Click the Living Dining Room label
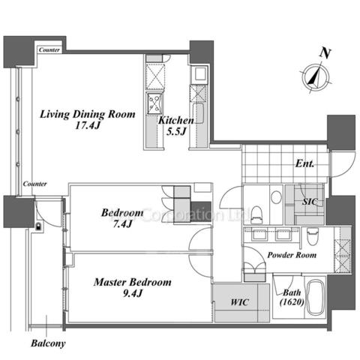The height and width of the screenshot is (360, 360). click(88, 115)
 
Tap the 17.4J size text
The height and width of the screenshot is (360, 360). click(88, 125)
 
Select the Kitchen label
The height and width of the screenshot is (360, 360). click(176, 121)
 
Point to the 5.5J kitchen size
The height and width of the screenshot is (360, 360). click(176, 131)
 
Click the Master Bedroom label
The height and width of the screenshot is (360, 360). click(133, 282)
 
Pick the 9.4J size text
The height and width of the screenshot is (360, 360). click(133, 293)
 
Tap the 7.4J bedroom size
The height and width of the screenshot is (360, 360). click(122, 224)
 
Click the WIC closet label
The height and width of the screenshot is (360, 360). click(239, 302)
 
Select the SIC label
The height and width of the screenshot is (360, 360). click(310, 202)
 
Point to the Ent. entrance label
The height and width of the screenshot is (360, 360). click(304, 163)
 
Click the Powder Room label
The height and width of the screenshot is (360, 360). click(292, 255)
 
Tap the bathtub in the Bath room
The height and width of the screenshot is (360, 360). click(315, 298)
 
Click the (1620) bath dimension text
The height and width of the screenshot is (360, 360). click(292, 302)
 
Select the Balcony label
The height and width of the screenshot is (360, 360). click(48, 343)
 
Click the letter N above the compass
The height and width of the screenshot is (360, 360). click(325, 53)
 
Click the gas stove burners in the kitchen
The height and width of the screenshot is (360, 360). click(154, 103)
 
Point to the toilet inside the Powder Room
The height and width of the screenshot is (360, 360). click(312, 236)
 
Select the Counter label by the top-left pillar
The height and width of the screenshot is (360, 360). click(49, 50)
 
